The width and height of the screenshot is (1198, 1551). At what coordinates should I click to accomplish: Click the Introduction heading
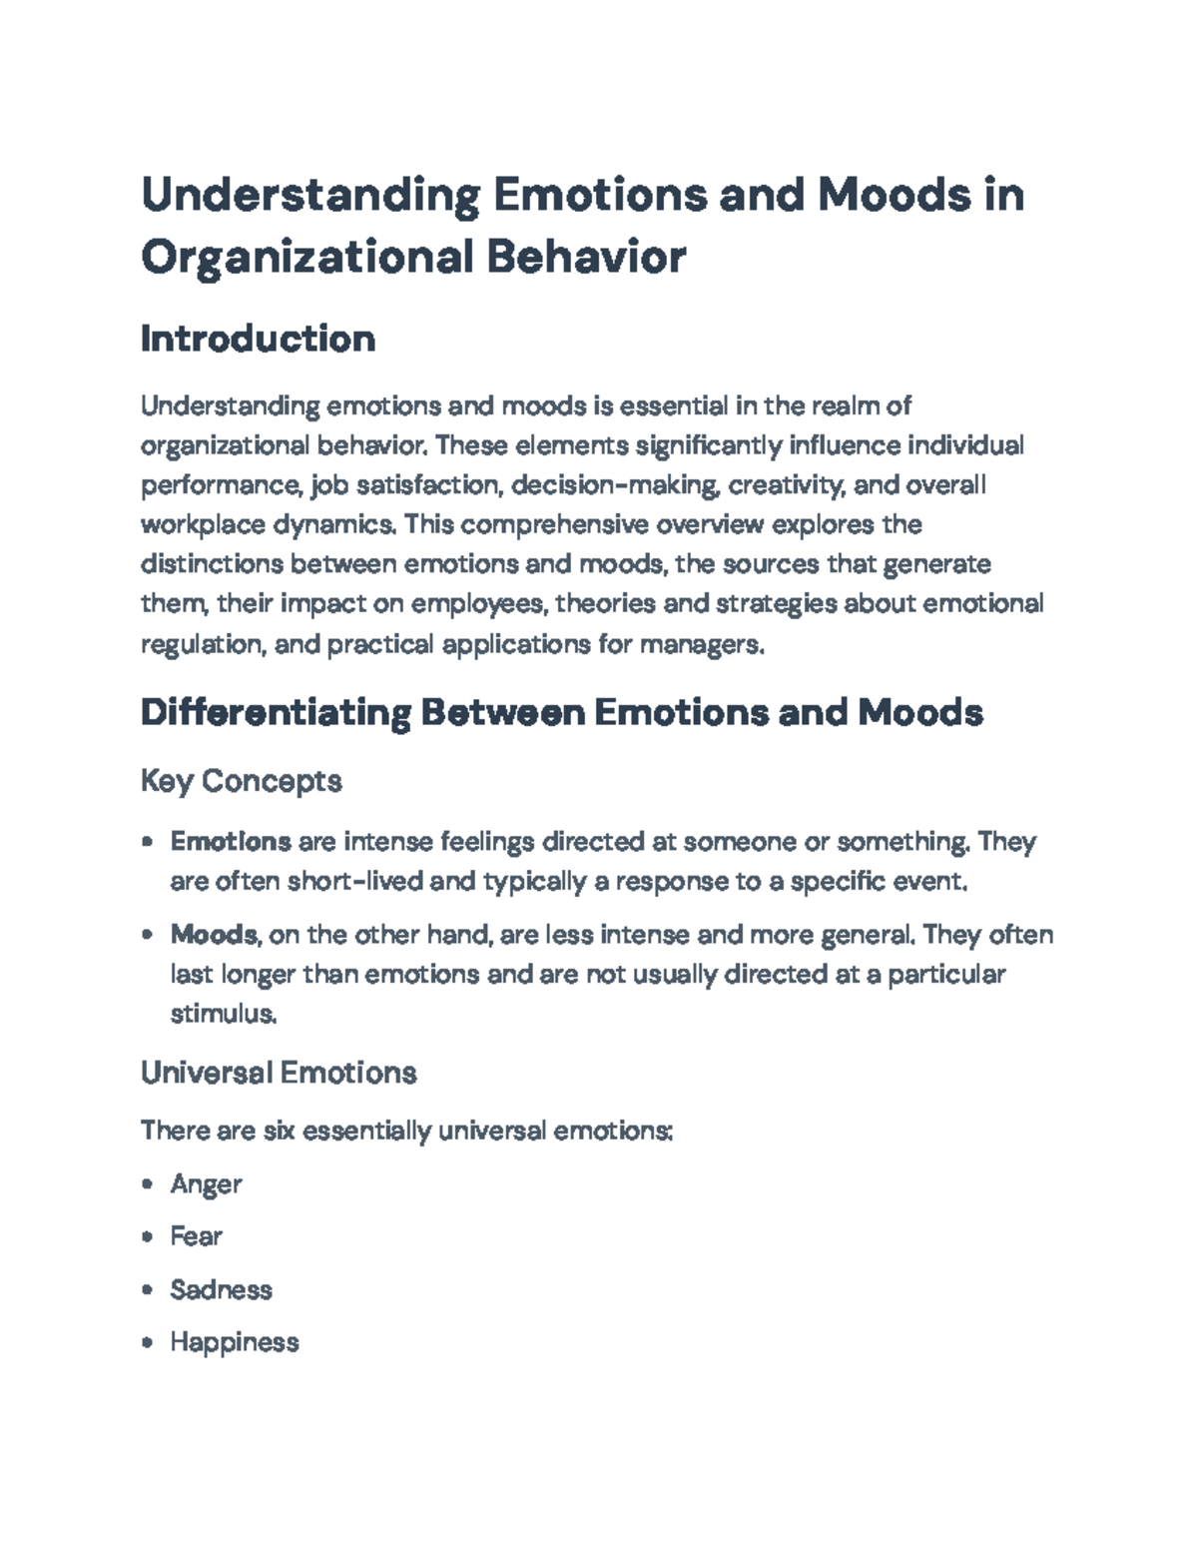[x=258, y=339]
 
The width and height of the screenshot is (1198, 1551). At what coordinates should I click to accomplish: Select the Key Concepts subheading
[x=241, y=780]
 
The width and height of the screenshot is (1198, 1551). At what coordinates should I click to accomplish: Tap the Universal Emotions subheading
[x=278, y=1073]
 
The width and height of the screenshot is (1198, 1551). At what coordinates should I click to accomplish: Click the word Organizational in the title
[x=305, y=257]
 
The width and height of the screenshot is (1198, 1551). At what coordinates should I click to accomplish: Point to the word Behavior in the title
[x=586, y=257]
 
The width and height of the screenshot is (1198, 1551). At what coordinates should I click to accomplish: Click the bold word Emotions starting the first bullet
[x=231, y=842]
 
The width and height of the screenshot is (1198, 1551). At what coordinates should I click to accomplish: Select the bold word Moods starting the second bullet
[x=214, y=935]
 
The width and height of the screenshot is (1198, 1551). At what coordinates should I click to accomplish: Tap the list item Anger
[x=206, y=1184]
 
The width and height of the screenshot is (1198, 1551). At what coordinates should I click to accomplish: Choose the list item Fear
[x=196, y=1236]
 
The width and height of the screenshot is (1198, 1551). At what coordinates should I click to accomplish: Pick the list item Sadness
[x=221, y=1289]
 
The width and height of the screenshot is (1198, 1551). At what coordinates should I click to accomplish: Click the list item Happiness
[x=235, y=1341]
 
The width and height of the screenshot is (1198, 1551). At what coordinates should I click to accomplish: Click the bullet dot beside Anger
[x=148, y=1184]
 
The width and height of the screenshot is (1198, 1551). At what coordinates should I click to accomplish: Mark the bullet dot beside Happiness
[x=148, y=1342]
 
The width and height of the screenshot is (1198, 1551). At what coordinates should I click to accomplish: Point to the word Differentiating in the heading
[x=276, y=713]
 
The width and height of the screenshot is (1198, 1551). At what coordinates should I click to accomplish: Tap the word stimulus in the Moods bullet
[x=223, y=1014]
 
